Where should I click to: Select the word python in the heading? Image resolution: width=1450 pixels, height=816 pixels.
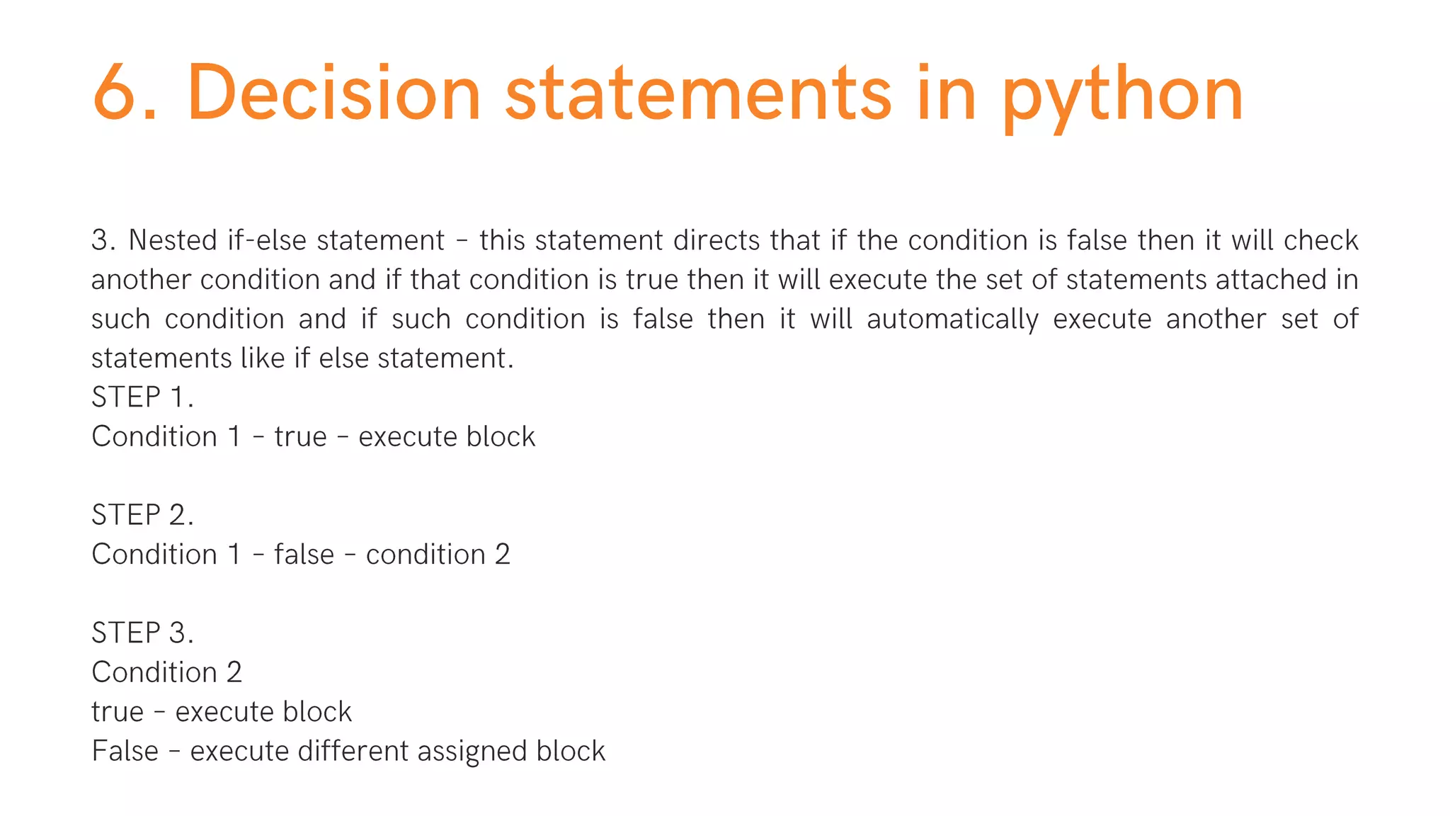(x=1123, y=96)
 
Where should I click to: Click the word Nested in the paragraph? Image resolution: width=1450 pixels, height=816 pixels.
(x=173, y=241)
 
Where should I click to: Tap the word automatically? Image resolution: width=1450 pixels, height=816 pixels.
(x=952, y=319)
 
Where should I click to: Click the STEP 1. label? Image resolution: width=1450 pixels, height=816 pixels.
(x=142, y=397)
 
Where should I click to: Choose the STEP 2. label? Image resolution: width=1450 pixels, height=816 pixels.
(x=142, y=515)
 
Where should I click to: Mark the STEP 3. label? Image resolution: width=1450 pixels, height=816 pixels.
(x=142, y=633)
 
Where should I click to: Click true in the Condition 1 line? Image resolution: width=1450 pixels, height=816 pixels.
(x=301, y=437)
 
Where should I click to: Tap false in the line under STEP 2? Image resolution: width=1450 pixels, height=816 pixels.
(x=304, y=555)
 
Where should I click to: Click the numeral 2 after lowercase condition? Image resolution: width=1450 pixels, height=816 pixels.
(x=502, y=555)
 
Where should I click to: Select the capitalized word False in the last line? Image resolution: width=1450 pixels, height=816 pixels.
(x=125, y=752)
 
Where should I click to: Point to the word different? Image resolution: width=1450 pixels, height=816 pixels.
(x=353, y=752)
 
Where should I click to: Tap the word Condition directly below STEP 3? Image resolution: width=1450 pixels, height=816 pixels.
(x=154, y=672)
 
